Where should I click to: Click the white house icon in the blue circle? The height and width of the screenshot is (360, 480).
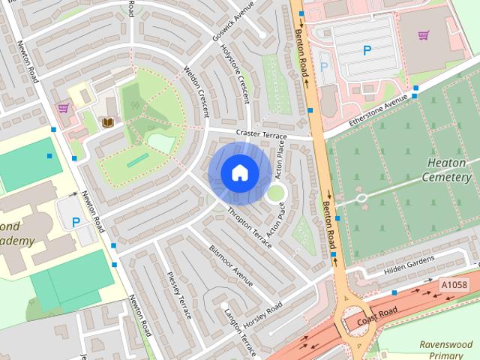(x=239, y=172)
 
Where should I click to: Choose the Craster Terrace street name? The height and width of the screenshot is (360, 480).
(x=261, y=133)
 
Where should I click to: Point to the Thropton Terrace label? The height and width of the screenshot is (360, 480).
(x=249, y=223)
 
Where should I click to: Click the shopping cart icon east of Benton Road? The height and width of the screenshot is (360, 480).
(x=424, y=35)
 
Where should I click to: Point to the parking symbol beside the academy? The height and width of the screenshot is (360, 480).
(x=76, y=222)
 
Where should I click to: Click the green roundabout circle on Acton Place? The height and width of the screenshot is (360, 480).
(x=276, y=193)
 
